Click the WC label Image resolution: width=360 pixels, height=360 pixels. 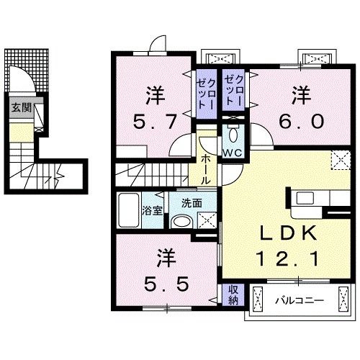(x=232, y=153)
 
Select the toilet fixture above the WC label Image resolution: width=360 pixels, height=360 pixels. (x=233, y=135)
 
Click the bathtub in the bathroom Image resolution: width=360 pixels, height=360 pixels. (x=129, y=210)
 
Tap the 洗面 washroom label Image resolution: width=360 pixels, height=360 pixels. (x=192, y=202)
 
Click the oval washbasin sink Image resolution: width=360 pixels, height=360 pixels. (x=184, y=222)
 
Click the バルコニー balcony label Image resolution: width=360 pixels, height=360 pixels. (x=298, y=299)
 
